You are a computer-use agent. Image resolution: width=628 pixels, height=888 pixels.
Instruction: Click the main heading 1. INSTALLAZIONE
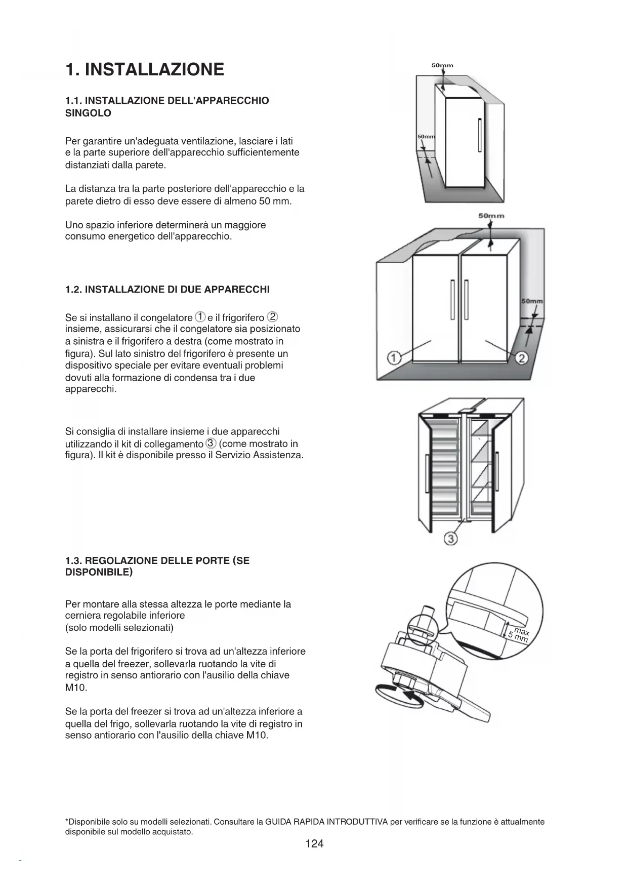point(145,69)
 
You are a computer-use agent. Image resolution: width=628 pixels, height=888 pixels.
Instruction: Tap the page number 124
point(314,843)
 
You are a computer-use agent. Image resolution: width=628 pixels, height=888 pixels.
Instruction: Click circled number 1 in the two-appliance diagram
point(394,358)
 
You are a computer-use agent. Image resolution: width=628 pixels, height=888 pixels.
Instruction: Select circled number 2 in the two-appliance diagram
point(522,358)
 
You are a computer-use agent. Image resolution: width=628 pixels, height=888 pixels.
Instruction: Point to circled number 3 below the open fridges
point(450,539)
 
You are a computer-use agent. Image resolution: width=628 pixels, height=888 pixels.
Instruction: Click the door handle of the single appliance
point(479,135)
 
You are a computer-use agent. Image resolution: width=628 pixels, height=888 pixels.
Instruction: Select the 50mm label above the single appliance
point(442,65)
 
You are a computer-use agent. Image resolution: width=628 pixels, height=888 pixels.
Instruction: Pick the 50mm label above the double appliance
point(491,216)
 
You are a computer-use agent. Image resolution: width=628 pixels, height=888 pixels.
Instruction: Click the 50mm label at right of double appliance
point(532,301)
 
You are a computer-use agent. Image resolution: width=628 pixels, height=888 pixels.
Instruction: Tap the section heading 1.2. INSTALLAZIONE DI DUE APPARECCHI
point(168,290)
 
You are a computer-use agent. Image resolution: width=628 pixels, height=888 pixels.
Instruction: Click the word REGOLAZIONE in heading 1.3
point(121,560)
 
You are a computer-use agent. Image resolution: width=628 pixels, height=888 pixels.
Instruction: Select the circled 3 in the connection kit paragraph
point(211,443)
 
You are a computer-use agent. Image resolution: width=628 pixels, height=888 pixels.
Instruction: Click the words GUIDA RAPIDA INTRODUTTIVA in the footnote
point(326,822)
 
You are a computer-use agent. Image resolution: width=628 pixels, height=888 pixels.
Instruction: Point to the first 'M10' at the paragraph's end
point(76,688)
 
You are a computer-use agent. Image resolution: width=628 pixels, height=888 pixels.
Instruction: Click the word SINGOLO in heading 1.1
point(88,113)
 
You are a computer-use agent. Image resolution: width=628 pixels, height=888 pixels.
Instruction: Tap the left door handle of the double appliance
point(453,299)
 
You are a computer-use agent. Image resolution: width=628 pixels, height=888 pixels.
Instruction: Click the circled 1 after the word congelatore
point(200,317)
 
